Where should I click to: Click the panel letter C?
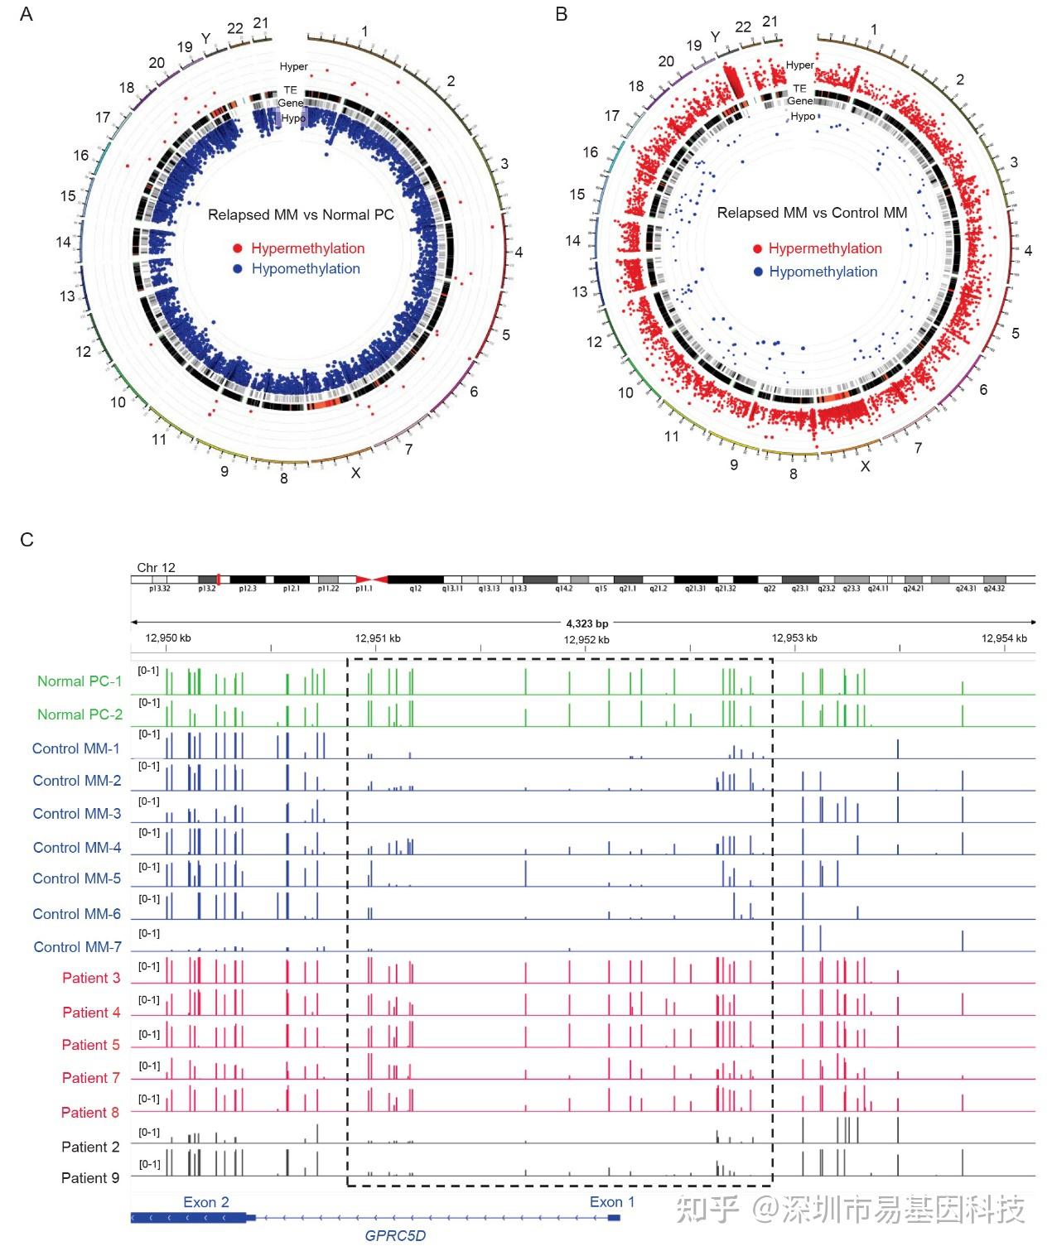click(x=27, y=540)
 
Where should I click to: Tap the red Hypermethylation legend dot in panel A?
click(x=238, y=248)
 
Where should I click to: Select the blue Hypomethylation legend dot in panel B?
click(x=757, y=272)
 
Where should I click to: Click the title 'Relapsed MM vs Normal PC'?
click(x=301, y=214)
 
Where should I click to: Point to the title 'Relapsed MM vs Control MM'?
click(x=812, y=213)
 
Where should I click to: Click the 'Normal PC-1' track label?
click(x=80, y=681)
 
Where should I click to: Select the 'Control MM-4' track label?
click(x=77, y=847)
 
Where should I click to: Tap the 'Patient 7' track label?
click(x=91, y=1078)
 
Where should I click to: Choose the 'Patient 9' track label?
click(x=90, y=1177)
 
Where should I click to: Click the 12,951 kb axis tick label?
click(x=378, y=638)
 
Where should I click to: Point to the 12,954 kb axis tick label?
click(x=1004, y=638)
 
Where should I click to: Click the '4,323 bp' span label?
click(x=587, y=623)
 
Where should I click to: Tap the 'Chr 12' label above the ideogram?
click(x=156, y=567)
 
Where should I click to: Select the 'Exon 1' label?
click(x=612, y=1202)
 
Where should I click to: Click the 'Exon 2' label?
click(x=206, y=1202)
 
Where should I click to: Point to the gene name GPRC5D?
click(x=395, y=1236)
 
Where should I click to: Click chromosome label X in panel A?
click(x=356, y=473)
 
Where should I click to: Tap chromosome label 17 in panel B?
click(x=611, y=116)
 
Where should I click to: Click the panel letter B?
click(x=562, y=14)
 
